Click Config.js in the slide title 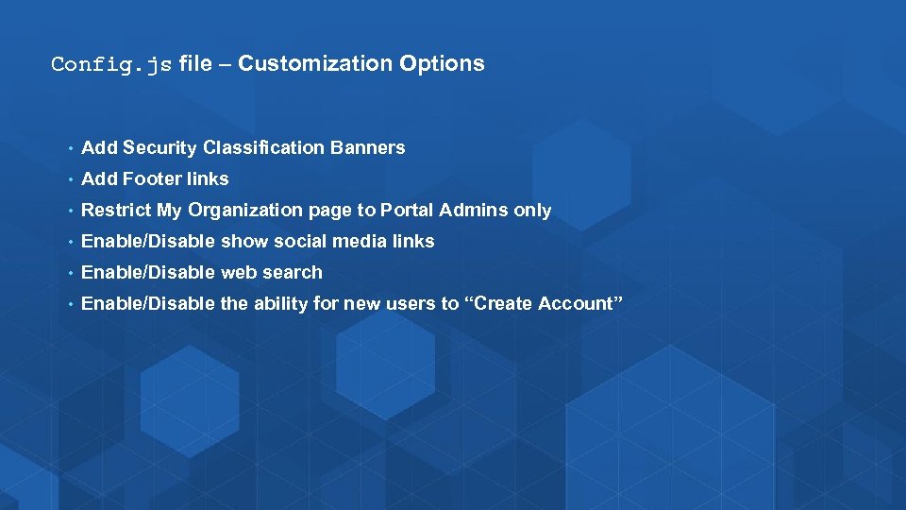[x=111, y=64]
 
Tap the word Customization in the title [x=315, y=63]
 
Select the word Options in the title [x=442, y=63]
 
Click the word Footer [x=152, y=178]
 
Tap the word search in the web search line [x=294, y=272]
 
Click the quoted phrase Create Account [x=545, y=303]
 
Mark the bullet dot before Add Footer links [x=70, y=179]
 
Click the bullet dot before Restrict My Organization [x=70, y=211]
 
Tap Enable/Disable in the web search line [x=148, y=272]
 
